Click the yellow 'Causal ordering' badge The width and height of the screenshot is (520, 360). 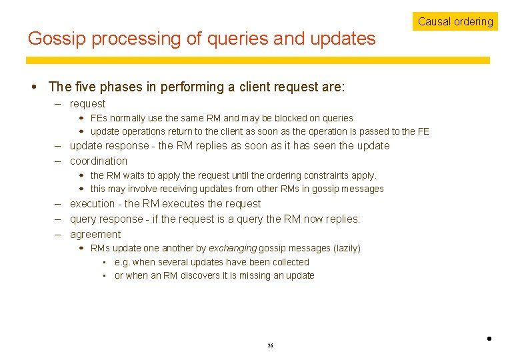(455, 21)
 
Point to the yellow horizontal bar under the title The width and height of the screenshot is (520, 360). (257, 60)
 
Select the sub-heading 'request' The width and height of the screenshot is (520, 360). (87, 104)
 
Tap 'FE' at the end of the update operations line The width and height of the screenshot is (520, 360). (423, 131)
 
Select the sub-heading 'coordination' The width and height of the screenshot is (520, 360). (98, 161)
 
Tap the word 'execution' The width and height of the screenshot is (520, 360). (92, 204)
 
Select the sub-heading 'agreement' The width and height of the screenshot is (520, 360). (95, 235)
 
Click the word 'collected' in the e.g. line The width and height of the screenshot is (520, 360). (289, 262)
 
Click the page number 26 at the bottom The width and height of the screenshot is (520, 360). (270, 345)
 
